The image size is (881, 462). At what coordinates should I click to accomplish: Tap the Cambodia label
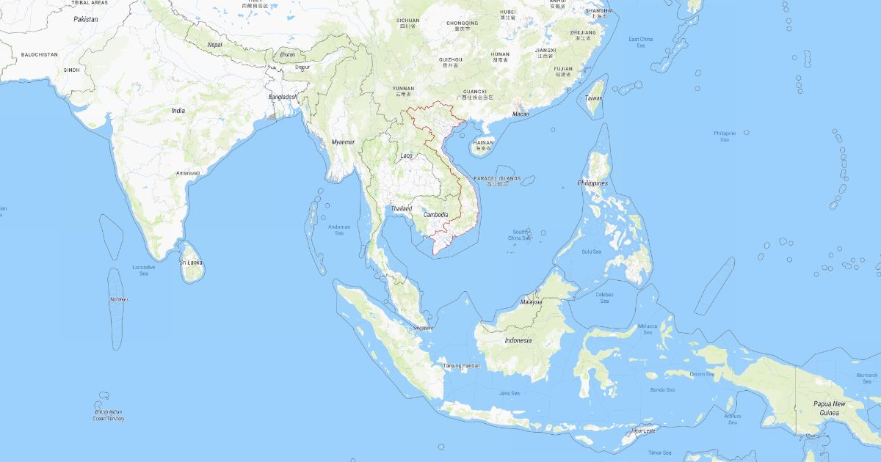pyautogui.click(x=436, y=214)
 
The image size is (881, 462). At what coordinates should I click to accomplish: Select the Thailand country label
pyautogui.click(x=402, y=208)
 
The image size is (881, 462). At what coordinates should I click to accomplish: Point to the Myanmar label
pyautogui.click(x=343, y=142)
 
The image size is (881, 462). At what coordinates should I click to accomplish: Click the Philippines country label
pyautogui.click(x=592, y=183)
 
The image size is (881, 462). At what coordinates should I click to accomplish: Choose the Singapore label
pyautogui.click(x=424, y=328)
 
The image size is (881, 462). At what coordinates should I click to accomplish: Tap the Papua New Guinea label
pyautogui.click(x=829, y=408)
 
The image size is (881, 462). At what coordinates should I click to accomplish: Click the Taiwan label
pyautogui.click(x=593, y=98)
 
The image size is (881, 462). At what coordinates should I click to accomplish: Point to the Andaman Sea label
pyautogui.click(x=339, y=230)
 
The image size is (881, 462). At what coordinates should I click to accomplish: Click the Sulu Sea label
pyautogui.click(x=592, y=252)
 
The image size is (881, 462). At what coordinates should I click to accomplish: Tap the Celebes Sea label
pyautogui.click(x=604, y=297)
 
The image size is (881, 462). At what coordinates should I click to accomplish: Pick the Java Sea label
pyautogui.click(x=510, y=393)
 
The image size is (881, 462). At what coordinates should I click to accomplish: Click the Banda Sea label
pyautogui.click(x=661, y=389)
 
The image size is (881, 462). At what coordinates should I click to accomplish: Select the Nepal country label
pyautogui.click(x=215, y=44)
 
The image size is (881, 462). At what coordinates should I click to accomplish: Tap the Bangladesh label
pyautogui.click(x=283, y=97)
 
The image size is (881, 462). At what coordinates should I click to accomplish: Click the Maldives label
pyautogui.click(x=119, y=299)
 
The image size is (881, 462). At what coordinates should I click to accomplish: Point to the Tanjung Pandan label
pyautogui.click(x=461, y=365)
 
